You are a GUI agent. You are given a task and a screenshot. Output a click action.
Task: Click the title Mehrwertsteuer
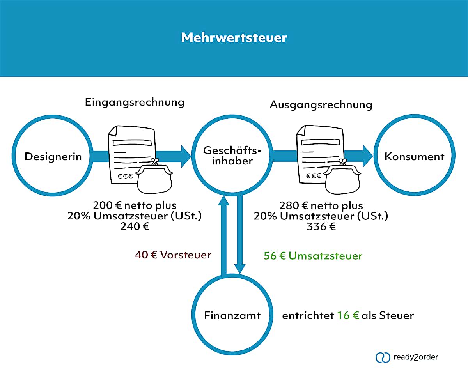pos(234,38)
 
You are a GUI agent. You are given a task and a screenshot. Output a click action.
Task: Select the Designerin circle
pos(53,157)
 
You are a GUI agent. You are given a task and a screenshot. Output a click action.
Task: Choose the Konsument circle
pos(414,157)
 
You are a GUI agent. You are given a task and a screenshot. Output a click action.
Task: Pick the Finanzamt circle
pos(232,315)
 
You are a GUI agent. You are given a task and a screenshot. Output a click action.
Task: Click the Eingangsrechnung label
pos(135,103)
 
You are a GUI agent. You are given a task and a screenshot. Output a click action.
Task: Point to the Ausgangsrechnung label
pos(321,105)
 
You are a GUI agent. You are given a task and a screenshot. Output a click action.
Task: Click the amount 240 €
pos(135,226)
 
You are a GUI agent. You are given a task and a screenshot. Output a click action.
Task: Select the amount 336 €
pos(321,226)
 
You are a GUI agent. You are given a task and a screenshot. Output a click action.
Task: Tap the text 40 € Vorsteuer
pos(173,255)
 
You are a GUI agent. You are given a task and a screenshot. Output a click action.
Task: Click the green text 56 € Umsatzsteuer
pos(313,256)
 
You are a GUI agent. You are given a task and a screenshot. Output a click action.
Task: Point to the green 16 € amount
pos(347,315)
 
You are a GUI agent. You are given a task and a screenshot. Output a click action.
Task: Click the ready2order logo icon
pos(383,357)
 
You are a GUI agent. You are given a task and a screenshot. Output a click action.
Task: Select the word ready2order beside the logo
pos(416,357)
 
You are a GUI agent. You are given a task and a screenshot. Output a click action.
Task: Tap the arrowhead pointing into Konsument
pos(367,156)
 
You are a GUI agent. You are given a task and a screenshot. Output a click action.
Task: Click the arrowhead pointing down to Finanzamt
pos(240,268)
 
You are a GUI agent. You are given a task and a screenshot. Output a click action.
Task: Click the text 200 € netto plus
pos(135,205)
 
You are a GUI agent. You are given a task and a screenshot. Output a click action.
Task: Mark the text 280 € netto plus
pos(321,205)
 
